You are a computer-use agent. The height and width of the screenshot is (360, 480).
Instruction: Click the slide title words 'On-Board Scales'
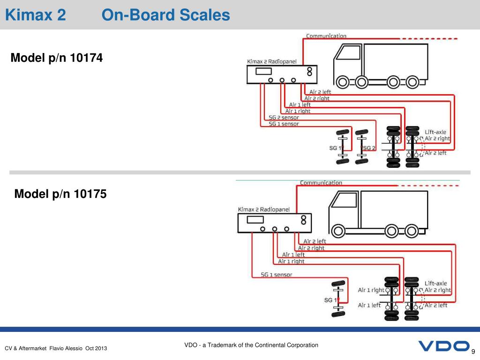click(x=166, y=15)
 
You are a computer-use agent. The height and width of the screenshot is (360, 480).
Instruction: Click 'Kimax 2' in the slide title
click(x=35, y=15)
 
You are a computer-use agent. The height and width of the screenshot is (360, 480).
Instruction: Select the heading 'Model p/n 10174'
click(x=56, y=58)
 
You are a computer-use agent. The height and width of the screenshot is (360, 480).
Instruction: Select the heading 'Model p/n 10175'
click(x=60, y=193)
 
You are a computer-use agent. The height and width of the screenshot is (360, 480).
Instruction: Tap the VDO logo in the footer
click(x=443, y=346)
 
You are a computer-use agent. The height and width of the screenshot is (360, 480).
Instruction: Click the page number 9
click(x=473, y=352)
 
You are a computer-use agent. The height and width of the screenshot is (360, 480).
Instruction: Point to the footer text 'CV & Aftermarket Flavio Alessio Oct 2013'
click(x=56, y=348)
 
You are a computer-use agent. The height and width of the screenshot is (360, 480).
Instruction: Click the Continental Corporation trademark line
click(x=251, y=345)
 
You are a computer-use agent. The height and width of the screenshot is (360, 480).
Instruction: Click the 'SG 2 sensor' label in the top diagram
click(x=284, y=118)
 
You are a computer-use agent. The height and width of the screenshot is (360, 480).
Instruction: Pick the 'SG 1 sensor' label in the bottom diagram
click(x=277, y=275)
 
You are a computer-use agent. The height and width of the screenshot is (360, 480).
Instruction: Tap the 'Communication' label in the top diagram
click(x=326, y=36)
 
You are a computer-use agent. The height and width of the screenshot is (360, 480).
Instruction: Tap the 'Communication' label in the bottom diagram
click(x=321, y=183)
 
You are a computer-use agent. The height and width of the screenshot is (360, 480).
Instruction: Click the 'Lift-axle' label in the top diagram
click(x=435, y=132)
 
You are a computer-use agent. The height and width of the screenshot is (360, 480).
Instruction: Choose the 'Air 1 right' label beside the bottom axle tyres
click(x=371, y=290)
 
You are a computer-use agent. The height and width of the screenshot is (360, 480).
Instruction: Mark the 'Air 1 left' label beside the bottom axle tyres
click(x=369, y=305)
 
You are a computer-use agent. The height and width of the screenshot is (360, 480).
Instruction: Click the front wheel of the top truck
click(x=343, y=82)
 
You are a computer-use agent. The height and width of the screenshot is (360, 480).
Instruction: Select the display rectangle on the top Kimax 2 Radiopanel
click(x=264, y=71)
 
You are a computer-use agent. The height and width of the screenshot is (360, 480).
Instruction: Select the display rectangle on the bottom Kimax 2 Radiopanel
click(x=255, y=219)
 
